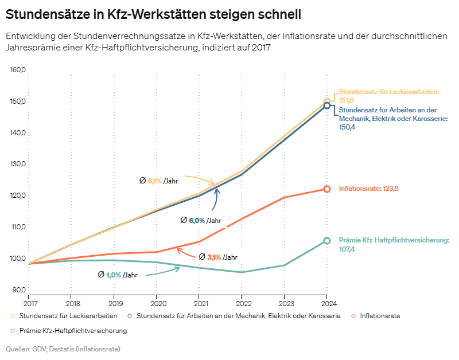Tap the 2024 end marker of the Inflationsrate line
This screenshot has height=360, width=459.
point(327,189)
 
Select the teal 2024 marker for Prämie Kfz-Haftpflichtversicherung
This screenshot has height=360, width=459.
point(327,241)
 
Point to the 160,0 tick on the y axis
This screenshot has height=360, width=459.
point(19,71)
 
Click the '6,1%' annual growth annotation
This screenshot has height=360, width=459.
point(155,181)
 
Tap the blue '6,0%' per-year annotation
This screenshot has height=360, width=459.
point(197,220)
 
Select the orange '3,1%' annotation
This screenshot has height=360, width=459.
point(213,257)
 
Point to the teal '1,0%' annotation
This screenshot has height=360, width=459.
point(114,275)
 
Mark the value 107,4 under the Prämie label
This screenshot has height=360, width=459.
point(347,249)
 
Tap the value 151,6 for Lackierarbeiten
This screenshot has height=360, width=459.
point(347,100)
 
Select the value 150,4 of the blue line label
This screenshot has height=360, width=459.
point(347,127)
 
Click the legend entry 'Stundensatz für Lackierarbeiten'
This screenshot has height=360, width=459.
point(68,316)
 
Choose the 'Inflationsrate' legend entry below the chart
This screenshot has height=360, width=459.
point(380,316)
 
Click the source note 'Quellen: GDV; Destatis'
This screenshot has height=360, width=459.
point(63,348)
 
